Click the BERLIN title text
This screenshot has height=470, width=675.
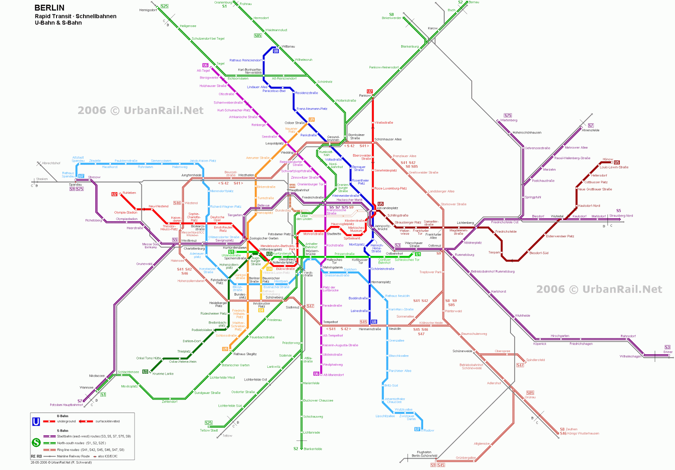(x=49, y=8)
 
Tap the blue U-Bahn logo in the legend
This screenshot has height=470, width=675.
(x=36, y=421)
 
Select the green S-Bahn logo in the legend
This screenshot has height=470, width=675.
(x=36, y=443)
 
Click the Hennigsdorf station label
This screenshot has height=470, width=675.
(x=148, y=10)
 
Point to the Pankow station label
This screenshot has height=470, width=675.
(x=364, y=95)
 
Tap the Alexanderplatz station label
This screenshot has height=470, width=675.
(x=387, y=208)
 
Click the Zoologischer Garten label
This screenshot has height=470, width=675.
(x=264, y=238)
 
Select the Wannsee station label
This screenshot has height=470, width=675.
(x=86, y=387)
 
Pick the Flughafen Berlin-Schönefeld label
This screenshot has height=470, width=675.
(x=424, y=454)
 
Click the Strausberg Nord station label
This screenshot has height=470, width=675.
(x=621, y=216)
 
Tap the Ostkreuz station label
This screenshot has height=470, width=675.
(x=435, y=245)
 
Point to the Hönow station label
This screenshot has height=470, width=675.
(x=608, y=159)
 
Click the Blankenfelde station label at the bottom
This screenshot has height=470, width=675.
(x=313, y=449)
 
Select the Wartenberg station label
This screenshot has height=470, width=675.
(x=509, y=120)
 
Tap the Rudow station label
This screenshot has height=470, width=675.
(x=429, y=430)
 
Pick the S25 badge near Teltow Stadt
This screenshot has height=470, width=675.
(x=208, y=423)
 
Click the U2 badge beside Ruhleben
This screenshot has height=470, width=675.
(x=114, y=194)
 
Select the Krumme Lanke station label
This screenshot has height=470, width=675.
(x=163, y=374)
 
